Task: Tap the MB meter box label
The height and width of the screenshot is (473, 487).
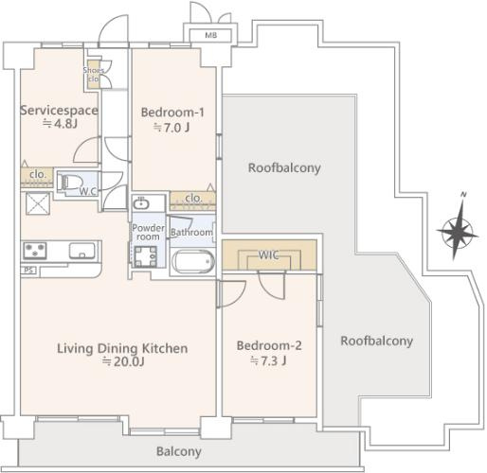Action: click(211, 35)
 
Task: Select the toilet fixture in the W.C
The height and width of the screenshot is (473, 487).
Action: click(69, 183)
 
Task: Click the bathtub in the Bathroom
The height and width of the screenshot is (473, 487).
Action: click(193, 261)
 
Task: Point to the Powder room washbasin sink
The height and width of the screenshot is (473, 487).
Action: click(141, 203)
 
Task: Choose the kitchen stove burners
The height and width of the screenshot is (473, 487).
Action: click(35, 251)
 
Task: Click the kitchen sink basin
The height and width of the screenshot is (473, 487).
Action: click(82, 251)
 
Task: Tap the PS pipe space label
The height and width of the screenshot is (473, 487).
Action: click(28, 271)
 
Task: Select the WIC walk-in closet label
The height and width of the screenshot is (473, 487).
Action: click(268, 254)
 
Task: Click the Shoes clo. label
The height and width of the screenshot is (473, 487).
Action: click(94, 75)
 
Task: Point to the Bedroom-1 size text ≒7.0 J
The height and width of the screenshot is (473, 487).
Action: click(171, 128)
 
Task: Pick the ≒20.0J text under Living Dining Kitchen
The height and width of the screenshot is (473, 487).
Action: click(123, 361)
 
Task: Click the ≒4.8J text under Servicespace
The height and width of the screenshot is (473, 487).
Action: click(60, 124)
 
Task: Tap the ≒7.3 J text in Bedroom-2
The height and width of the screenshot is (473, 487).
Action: click(268, 360)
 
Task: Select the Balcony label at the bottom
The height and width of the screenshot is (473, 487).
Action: click(179, 451)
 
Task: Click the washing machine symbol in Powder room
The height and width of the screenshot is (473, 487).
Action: click(145, 256)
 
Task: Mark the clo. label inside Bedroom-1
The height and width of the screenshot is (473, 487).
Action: click(193, 199)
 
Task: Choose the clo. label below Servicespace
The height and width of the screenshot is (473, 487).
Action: click(37, 174)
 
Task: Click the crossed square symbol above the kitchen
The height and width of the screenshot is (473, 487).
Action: click(38, 203)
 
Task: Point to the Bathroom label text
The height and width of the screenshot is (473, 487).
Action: click(191, 233)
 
